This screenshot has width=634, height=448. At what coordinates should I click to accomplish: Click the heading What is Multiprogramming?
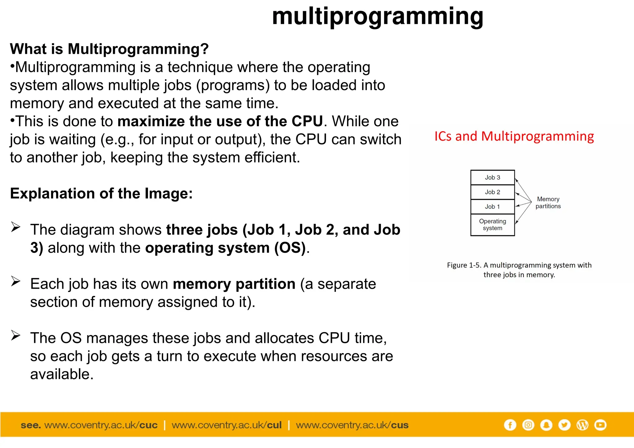tap(109, 49)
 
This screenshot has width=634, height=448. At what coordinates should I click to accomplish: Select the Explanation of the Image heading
tap(101, 194)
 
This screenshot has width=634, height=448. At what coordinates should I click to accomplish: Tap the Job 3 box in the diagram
tap(492, 178)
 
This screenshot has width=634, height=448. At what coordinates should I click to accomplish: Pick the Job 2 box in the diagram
tap(492, 192)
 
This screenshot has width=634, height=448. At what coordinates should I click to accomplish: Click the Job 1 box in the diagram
tap(492, 207)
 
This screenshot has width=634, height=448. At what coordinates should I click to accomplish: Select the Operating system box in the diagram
tap(492, 225)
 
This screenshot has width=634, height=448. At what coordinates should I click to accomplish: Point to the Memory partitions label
tap(548, 203)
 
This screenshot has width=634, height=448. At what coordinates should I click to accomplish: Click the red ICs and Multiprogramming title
tap(514, 136)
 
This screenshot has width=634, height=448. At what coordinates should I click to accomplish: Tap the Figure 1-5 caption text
tap(519, 270)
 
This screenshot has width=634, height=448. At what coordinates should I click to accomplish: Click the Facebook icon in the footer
tap(510, 425)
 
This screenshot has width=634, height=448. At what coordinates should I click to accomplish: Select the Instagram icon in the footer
tap(528, 425)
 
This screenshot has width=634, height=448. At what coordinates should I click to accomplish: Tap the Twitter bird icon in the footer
tap(564, 425)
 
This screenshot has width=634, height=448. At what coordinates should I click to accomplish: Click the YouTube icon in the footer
tap(600, 425)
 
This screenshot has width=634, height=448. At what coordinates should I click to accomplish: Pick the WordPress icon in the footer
tap(582, 425)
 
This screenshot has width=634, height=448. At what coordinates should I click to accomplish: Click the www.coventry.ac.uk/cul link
tap(227, 425)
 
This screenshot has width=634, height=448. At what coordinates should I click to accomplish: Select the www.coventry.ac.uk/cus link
tap(352, 425)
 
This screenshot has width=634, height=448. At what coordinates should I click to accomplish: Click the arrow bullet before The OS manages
tap(15, 335)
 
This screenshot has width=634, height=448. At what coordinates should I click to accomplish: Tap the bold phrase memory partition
tap(234, 284)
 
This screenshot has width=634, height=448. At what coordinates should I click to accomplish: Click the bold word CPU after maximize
tap(307, 121)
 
